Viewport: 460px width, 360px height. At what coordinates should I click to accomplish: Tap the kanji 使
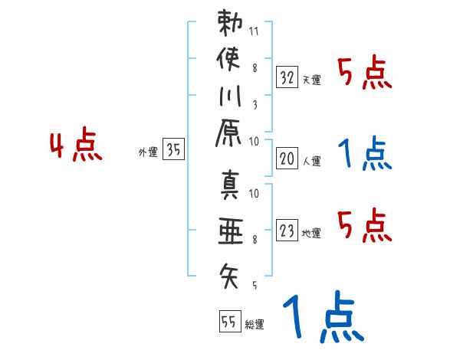(x=230, y=60)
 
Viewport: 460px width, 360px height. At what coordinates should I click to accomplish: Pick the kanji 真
(x=230, y=188)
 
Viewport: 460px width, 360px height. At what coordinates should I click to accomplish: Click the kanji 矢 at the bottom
(x=230, y=273)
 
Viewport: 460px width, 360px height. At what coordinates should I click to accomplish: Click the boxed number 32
(x=287, y=77)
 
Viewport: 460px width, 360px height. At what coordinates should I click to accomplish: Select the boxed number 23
(x=287, y=231)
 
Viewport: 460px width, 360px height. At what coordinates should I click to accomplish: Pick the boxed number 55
(x=228, y=322)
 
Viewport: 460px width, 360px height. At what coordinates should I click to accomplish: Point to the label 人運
(x=313, y=162)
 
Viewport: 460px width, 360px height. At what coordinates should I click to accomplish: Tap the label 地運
(x=313, y=234)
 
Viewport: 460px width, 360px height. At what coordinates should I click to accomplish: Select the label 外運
(x=148, y=153)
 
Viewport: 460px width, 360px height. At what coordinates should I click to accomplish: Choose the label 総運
(x=255, y=325)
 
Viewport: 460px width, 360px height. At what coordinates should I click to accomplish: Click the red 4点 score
(x=75, y=146)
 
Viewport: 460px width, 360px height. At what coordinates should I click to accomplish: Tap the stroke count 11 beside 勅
(x=255, y=32)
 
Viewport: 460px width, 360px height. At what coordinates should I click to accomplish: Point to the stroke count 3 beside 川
(x=255, y=106)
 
